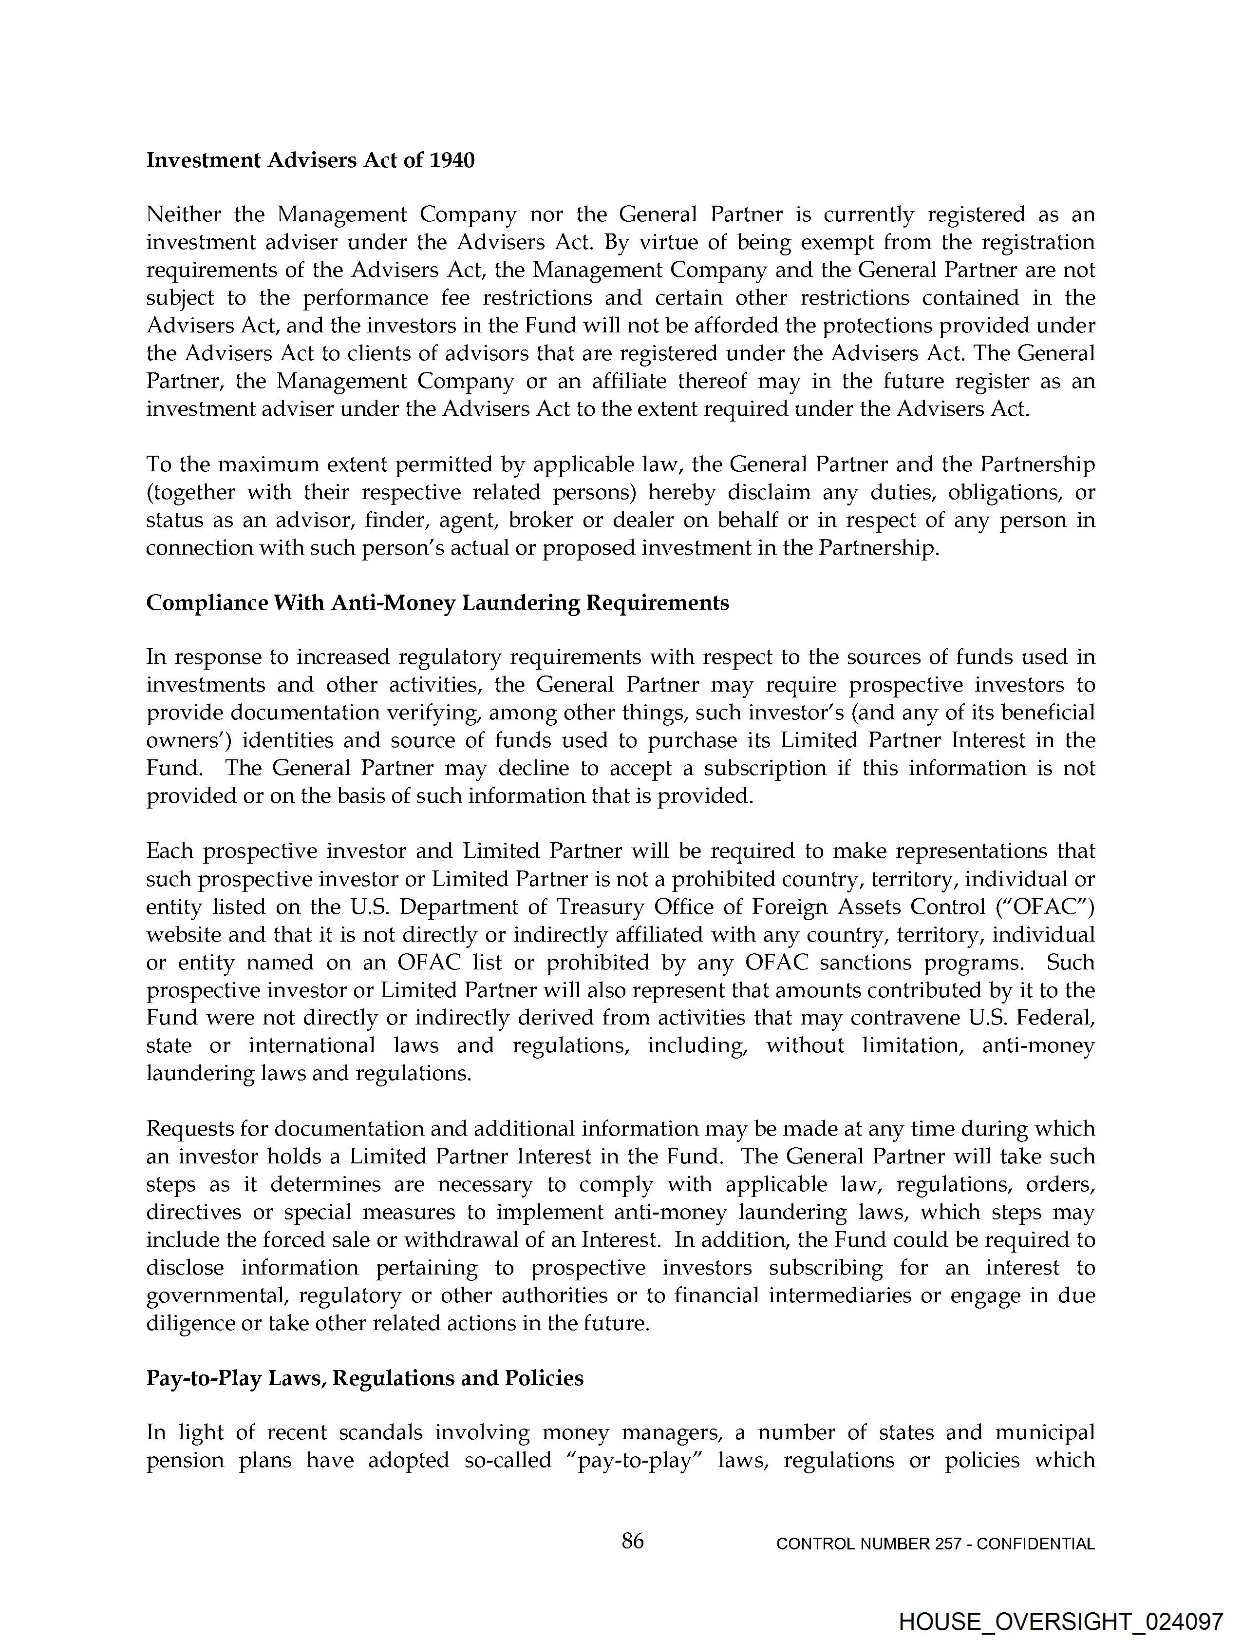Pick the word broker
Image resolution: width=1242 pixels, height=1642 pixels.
coord(541,521)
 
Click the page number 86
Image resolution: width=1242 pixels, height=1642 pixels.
coord(632,1542)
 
